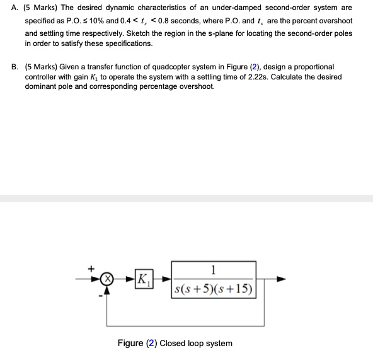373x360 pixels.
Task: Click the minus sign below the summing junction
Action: point(100,297)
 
